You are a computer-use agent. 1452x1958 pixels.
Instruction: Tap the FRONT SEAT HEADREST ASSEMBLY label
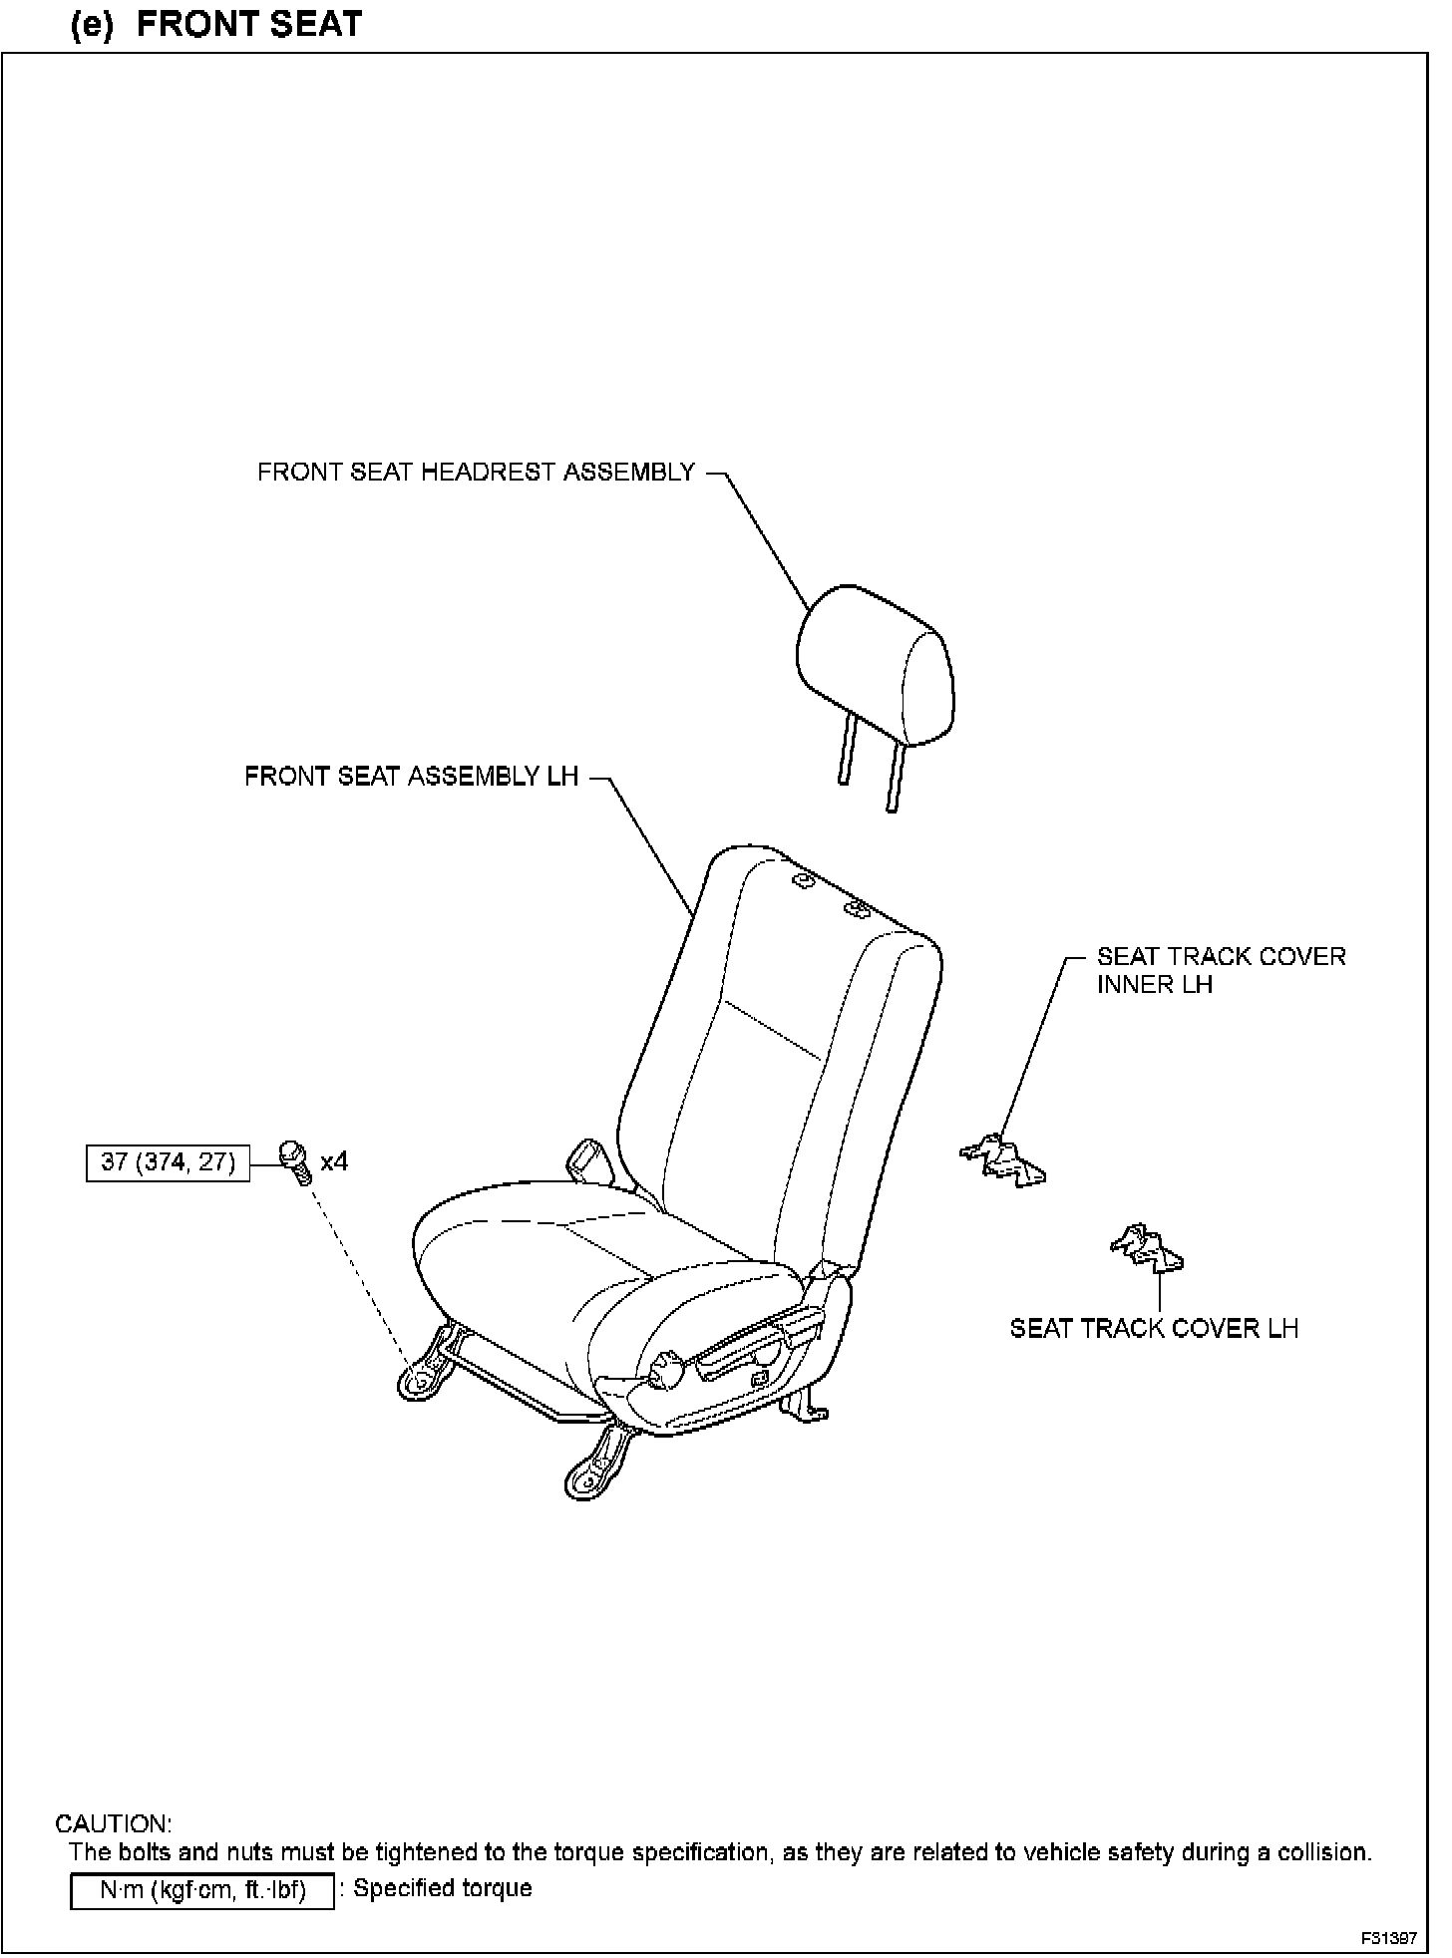click(x=476, y=473)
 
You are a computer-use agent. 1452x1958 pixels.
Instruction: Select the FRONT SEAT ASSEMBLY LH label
click(x=411, y=777)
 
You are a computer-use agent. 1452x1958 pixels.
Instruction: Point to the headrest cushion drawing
click(x=875, y=666)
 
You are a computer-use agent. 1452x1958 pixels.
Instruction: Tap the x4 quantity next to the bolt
click(x=334, y=1161)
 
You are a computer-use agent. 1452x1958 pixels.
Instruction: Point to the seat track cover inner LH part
click(x=1003, y=1159)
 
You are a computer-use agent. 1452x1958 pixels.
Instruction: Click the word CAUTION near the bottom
click(x=113, y=1824)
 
